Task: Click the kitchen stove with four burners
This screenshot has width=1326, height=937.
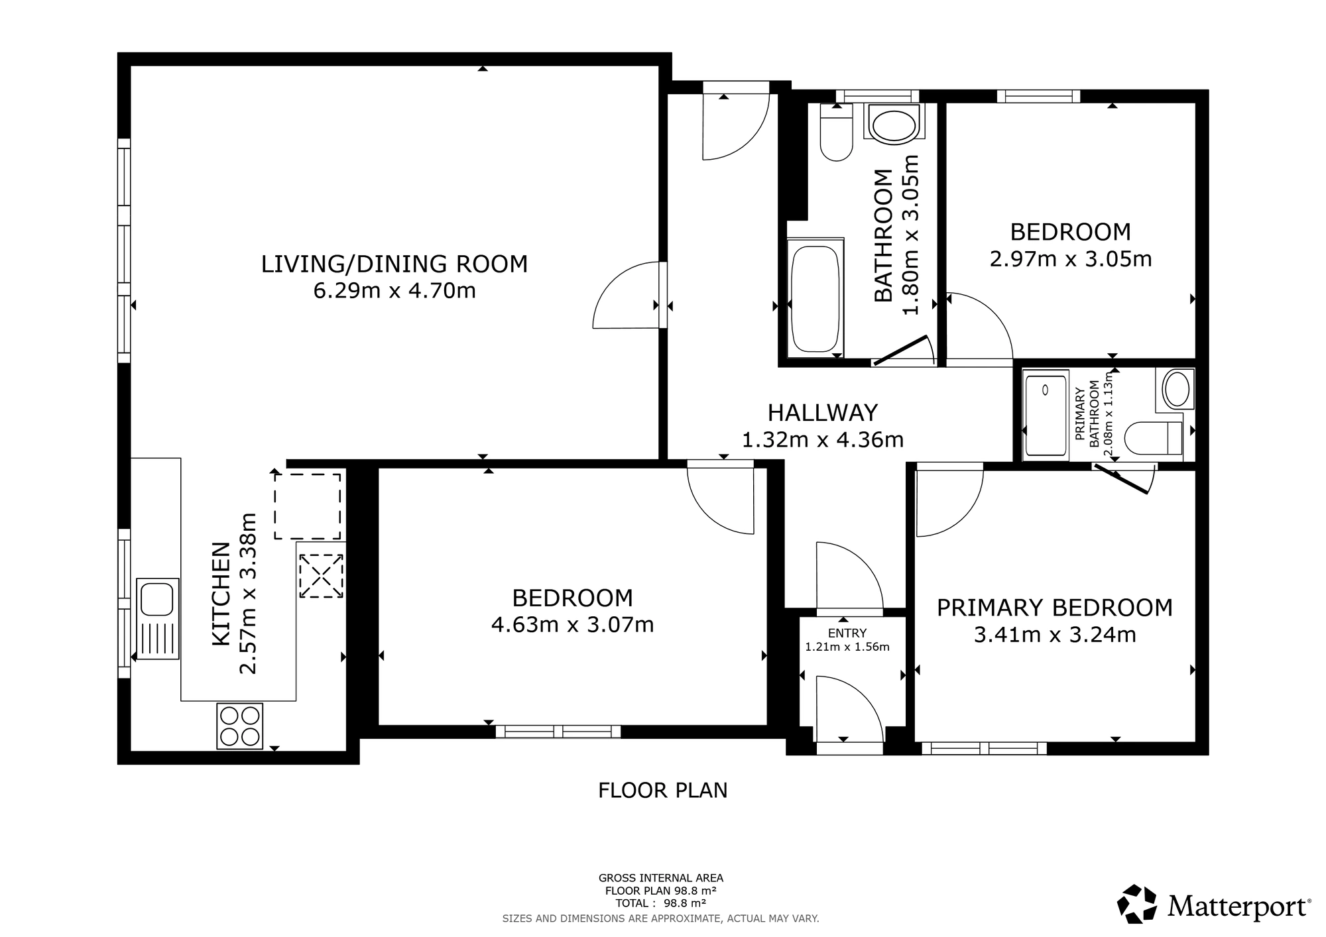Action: click(240, 726)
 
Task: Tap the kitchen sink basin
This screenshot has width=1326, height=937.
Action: click(157, 599)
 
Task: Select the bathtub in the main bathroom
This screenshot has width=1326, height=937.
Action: click(816, 299)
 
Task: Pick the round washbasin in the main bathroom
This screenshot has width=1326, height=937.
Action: click(894, 125)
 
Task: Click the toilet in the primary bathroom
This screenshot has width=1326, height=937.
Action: click(1154, 438)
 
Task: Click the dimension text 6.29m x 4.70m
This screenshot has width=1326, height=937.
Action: click(394, 291)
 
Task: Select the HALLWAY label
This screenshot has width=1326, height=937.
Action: click(822, 413)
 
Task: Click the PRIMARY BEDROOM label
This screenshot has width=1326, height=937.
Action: click(1054, 608)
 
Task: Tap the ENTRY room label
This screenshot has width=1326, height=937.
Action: click(847, 634)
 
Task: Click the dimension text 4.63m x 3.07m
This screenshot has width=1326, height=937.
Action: click(572, 625)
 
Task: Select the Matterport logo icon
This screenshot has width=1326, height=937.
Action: click(1138, 904)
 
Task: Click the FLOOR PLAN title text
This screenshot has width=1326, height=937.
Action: click(662, 791)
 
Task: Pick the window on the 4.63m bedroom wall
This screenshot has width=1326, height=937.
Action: click(558, 732)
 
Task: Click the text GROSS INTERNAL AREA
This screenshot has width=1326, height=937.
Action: click(660, 879)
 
